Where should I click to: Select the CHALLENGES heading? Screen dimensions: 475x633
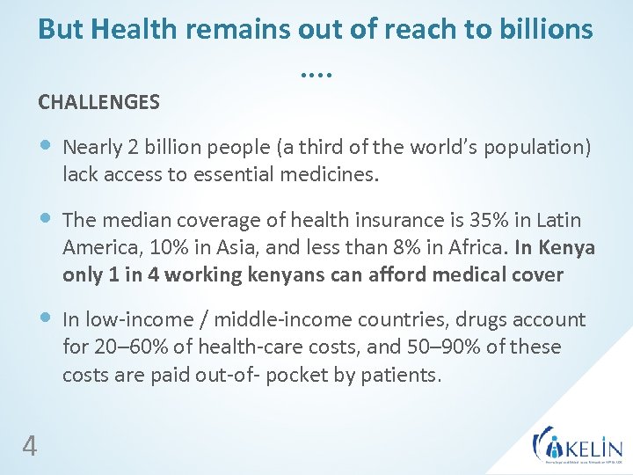click(x=98, y=102)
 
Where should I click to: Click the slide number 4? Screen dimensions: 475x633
click(x=29, y=448)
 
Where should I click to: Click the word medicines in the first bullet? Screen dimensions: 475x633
click(x=329, y=174)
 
